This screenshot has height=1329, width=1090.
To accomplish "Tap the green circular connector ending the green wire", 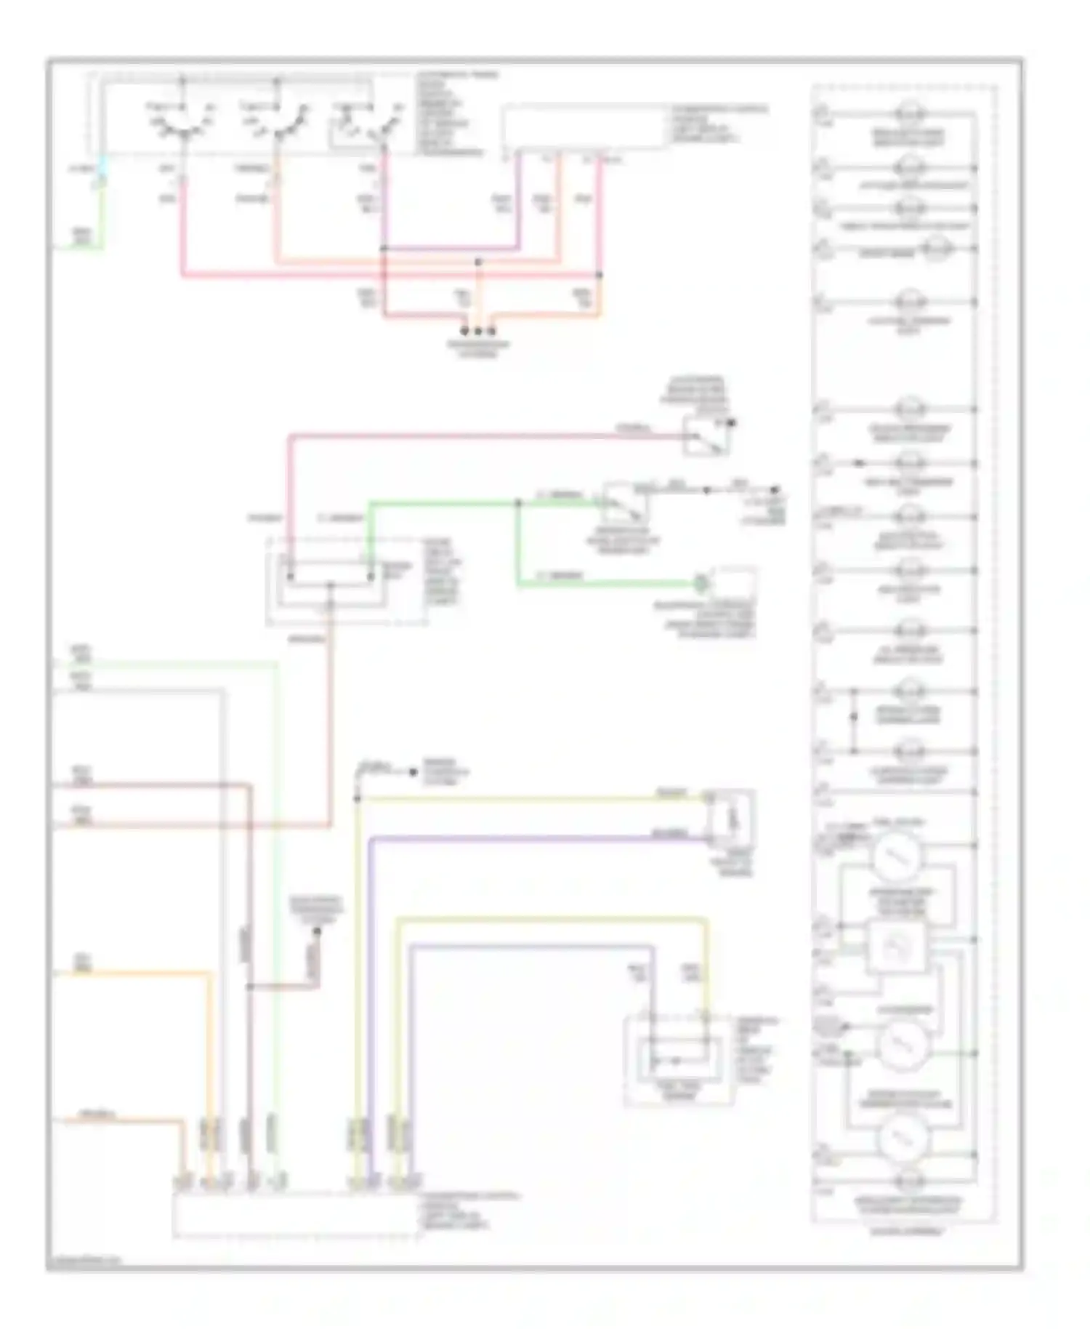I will tap(700, 582).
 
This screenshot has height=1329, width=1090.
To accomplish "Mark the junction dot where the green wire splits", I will tap(518, 502).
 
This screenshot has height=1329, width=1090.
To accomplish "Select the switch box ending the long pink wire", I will tap(706, 435).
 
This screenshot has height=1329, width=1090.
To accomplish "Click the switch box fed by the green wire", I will tap(624, 502).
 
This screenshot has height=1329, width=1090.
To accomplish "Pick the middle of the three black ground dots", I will tap(477, 331).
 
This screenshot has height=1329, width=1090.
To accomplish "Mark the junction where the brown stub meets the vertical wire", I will tap(249, 987).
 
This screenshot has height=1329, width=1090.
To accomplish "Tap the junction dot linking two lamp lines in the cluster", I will tap(854, 717).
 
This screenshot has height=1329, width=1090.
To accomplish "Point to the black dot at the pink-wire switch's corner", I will tap(732, 422).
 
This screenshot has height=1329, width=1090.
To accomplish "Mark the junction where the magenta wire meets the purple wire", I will tap(384, 249).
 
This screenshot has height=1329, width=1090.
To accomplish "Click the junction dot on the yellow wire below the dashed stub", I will tap(357, 799).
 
